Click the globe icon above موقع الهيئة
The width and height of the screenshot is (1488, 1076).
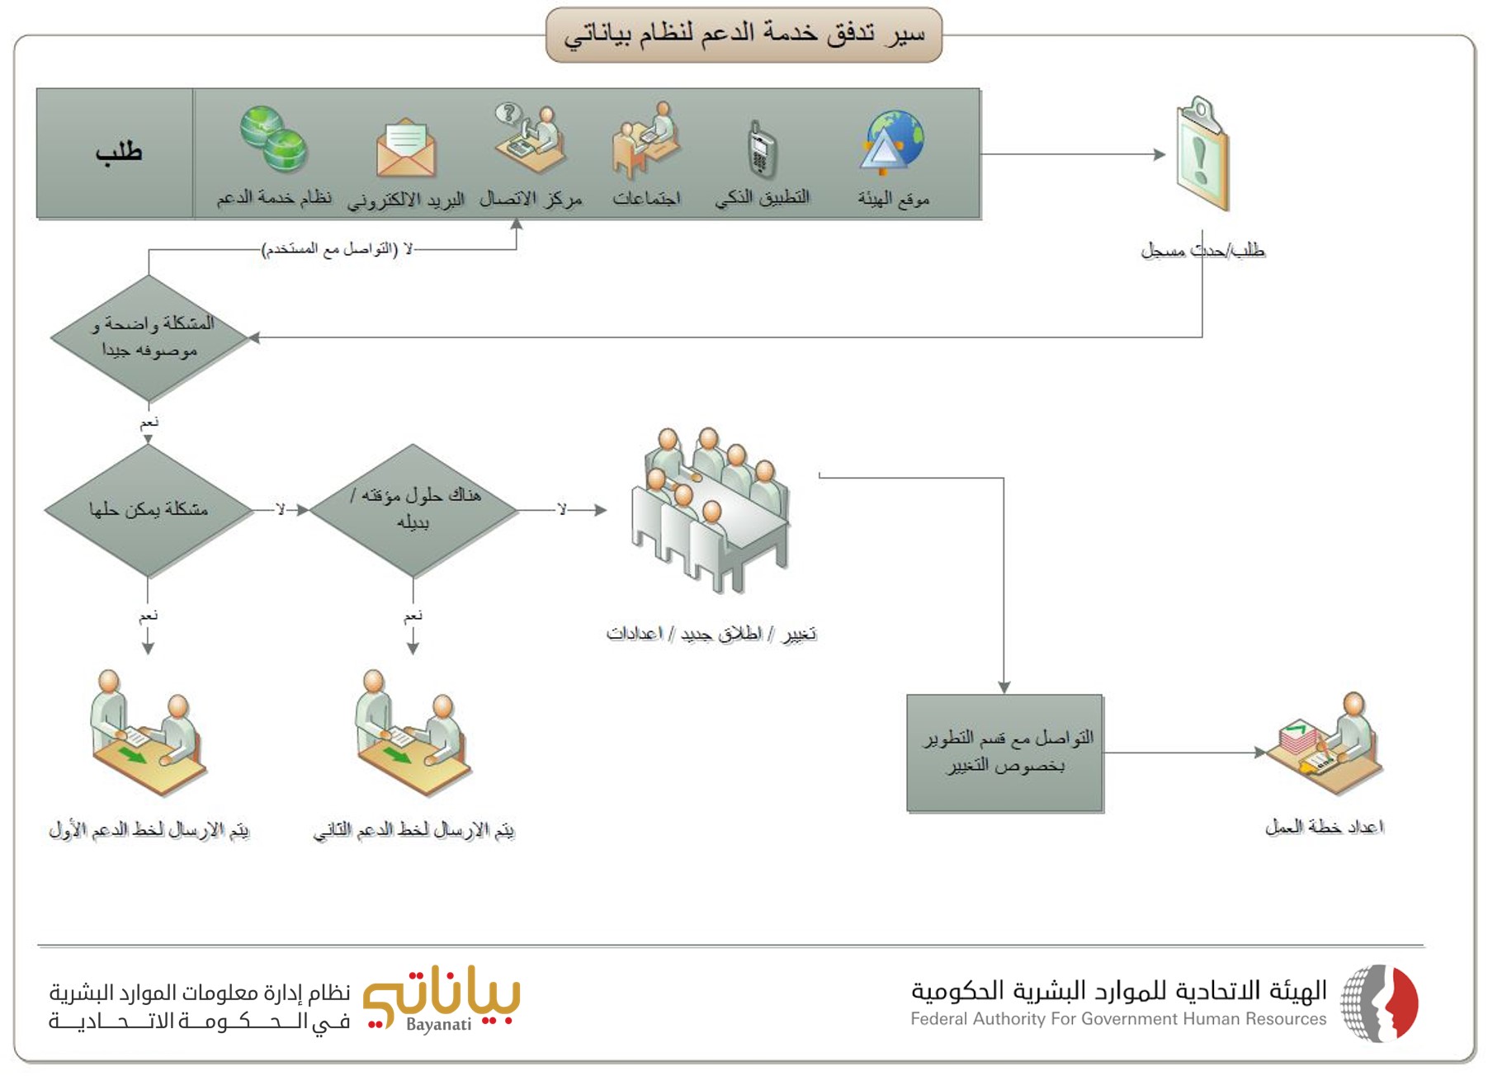coord(892,143)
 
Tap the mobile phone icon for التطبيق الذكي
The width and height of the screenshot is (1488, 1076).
coord(760,150)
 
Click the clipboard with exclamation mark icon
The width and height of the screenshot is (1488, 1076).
coord(1202,154)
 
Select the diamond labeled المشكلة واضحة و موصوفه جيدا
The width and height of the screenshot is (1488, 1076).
coord(149,337)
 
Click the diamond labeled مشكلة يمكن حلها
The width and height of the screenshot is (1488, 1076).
coord(149,510)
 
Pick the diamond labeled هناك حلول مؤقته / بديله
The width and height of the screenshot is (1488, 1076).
coord(413,510)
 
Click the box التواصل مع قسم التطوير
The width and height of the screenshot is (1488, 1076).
coord(1004,753)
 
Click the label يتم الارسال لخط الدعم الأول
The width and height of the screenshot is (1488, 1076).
coord(149,829)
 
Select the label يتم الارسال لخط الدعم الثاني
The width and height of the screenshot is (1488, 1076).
coord(413,830)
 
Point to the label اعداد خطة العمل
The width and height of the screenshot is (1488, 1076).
coord(1325,827)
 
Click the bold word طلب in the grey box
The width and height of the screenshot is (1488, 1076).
coord(118,152)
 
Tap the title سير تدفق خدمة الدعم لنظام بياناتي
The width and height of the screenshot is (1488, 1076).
coord(744,34)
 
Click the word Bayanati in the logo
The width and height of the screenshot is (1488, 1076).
coord(438,1025)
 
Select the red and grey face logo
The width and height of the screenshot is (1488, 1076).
coord(1379,1003)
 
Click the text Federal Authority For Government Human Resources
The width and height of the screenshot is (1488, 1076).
coord(1118,1019)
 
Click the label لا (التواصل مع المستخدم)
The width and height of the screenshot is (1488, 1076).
coord(337,249)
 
